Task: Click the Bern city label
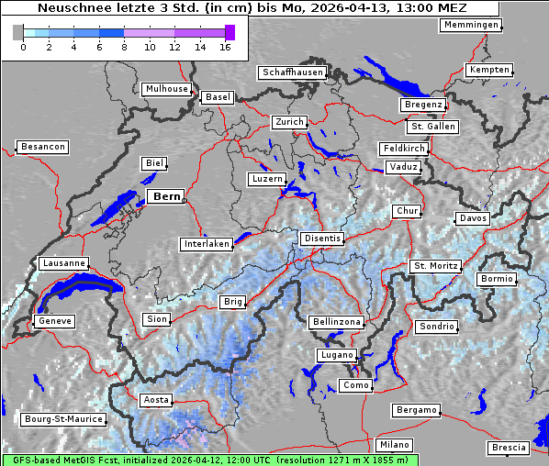tap(166, 196)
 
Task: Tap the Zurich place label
tap(288, 122)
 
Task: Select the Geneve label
tap(54, 321)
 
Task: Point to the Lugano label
tap(335, 355)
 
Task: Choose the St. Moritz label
tap(435, 266)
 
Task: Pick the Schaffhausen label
tap(293, 72)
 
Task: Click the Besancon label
tap(42, 147)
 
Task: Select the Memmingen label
tap(471, 25)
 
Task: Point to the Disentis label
tap(321, 239)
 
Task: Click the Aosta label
tap(156, 400)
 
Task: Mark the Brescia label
tap(509, 447)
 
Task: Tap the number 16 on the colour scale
tap(225, 46)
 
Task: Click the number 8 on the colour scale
tap(124, 46)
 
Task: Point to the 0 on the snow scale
tap(22, 46)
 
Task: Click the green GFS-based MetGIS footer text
tap(209, 460)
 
